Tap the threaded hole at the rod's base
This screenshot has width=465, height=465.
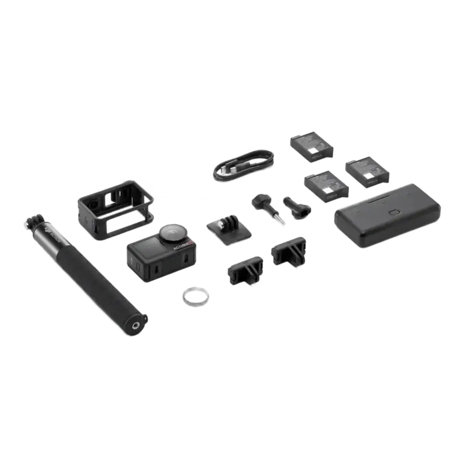(138, 324)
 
